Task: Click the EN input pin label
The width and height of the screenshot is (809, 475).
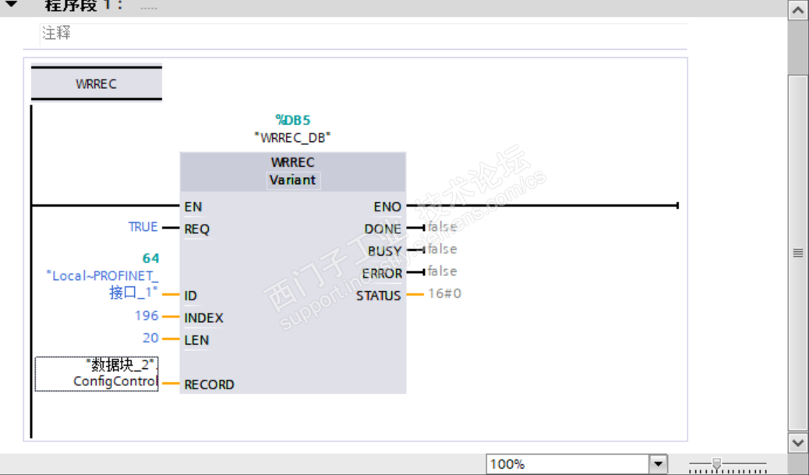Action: (193, 207)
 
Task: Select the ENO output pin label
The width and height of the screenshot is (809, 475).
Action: (387, 207)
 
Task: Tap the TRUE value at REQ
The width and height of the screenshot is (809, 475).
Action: (143, 227)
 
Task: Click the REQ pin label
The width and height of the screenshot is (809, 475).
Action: (196, 229)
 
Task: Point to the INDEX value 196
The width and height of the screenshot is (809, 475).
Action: (147, 316)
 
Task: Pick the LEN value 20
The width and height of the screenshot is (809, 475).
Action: (150, 338)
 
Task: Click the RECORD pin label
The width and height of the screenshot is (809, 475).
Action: (209, 385)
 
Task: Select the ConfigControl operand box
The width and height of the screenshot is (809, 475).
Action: (97, 374)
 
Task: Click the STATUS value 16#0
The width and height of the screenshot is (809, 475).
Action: (444, 294)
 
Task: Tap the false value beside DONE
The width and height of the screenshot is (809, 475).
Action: (442, 227)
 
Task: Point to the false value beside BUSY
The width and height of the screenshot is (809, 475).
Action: (442, 250)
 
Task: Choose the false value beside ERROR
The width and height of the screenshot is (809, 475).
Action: (442, 271)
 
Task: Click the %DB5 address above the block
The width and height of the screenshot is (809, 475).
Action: (293, 119)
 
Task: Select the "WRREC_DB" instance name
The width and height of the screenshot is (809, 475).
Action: (293, 137)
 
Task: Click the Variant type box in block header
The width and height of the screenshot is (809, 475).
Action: (293, 180)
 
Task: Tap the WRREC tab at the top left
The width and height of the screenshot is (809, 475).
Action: (96, 84)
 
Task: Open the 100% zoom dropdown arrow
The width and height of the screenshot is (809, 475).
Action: (659, 464)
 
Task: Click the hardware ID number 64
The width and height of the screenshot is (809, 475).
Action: (150, 258)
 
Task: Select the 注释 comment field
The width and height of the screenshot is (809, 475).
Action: (57, 34)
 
